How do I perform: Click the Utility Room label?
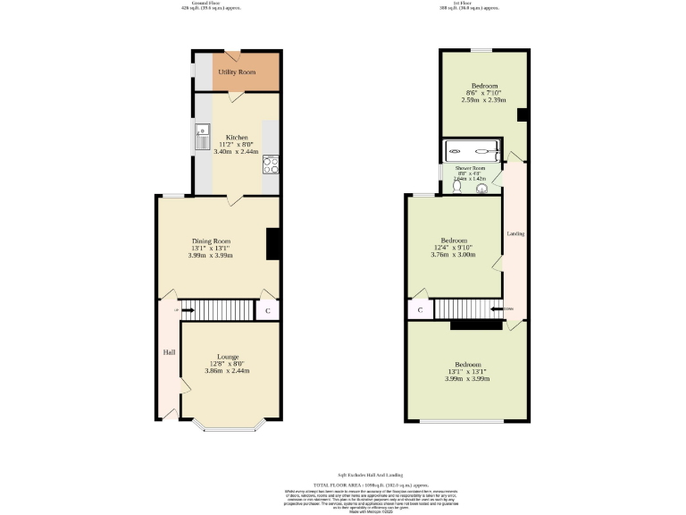pos(237,72)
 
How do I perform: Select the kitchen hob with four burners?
pos(271,164)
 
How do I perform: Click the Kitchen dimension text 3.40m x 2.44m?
pos(236,152)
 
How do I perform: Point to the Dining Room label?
pos(211,241)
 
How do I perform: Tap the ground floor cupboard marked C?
pos(268,310)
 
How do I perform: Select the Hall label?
pos(169,352)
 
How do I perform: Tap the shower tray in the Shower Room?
pos(472,151)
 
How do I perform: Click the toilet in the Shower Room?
pos(456,188)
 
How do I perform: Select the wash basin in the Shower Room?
pos(482,189)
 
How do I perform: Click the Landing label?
pos(515,234)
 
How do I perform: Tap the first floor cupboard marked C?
pos(420,310)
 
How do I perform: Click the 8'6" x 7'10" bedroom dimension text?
pos(483,93)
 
